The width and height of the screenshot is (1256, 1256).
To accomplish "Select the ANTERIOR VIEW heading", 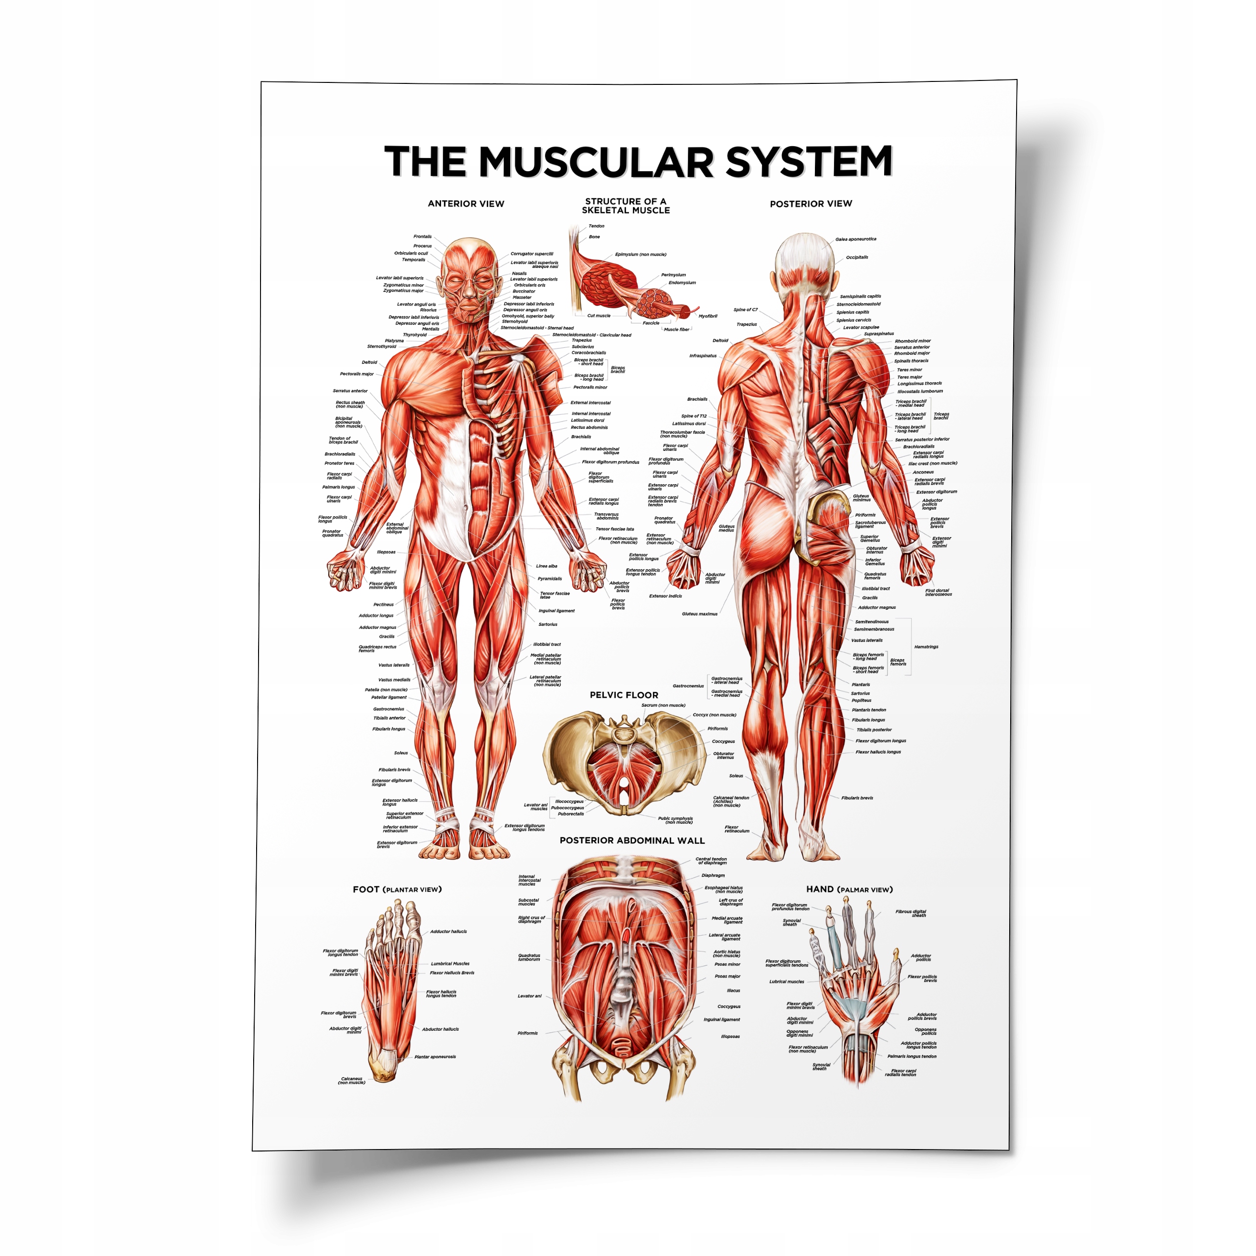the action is [x=466, y=204].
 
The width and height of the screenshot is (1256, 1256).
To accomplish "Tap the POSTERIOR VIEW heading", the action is [x=811, y=204].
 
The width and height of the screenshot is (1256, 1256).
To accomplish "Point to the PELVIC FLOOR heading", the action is [x=624, y=695].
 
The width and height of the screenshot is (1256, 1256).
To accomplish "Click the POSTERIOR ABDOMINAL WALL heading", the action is [x=632, y=840].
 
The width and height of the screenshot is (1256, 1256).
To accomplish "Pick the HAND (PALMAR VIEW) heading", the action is [x=849, y=890].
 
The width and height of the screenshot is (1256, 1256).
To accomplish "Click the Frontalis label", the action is [x=422, y=236].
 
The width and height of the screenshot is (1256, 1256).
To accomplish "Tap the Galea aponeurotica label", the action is [x=856, y=239].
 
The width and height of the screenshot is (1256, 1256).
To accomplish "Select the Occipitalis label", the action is [x=857, y=258].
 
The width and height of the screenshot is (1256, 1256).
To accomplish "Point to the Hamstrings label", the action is [x=926, y=647].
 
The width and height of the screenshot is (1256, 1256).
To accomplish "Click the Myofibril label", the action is [x=708, y=316].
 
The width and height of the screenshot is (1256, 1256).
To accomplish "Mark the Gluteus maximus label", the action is [x=700, y=614].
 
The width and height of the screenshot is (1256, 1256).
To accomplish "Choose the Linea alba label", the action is [x=546, y=566].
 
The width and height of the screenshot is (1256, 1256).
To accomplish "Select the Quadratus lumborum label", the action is [x=529, y=958].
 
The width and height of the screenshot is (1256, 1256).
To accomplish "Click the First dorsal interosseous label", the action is [x=938, y=592].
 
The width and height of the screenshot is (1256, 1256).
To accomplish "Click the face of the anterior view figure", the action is [x=470, y=286].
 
